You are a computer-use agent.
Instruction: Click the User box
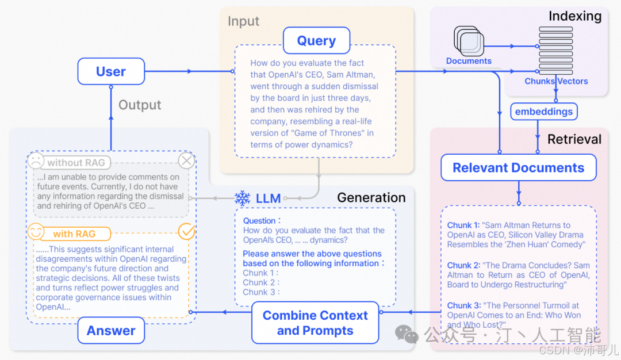[x=111, y=71]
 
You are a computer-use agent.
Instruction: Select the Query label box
[x=316, y=41]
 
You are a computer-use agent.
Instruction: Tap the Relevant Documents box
[x=518, y=168]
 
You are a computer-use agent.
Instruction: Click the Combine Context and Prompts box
[x=315, y=323]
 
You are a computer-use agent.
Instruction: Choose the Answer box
[x=111, y=331]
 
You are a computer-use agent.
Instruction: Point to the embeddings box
[x=544, y=112]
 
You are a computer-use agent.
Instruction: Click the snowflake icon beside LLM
[x=243, y=198]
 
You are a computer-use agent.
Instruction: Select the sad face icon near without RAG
[x=36, y=161]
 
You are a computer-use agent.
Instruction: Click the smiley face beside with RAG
[x=36, y=232]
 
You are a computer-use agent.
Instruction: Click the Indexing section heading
[x=575, y=16]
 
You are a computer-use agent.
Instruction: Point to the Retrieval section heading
[x=574, y=139]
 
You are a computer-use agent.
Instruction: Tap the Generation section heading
[x=371, y=198]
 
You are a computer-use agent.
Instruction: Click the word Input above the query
[x=243, y=21]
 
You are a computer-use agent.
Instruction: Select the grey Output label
[x=140, y=105]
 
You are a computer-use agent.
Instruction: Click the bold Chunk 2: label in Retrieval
[x=463, y=266]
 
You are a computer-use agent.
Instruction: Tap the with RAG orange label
[x=74, y=234]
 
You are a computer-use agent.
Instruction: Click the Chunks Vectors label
[x=556, y=81]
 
